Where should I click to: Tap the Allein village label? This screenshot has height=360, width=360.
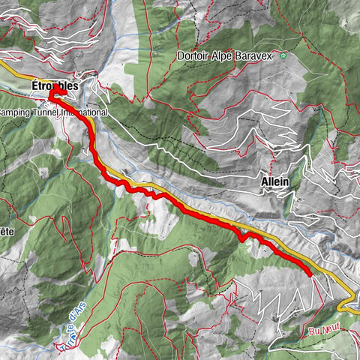pos(275,181)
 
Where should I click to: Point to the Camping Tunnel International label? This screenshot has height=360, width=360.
pos(52,112)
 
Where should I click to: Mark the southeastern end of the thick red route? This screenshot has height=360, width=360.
pos(309,274)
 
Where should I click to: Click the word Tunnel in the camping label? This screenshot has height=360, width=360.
pos(46,112)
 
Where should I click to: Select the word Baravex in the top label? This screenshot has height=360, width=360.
pos(257,55)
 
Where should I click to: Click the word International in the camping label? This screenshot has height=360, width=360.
pos(84,112)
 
